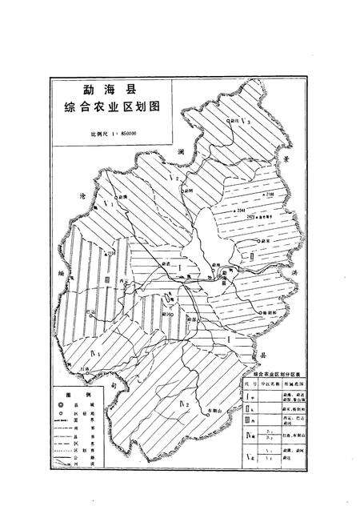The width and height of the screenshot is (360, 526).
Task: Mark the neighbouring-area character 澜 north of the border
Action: coord(182,151)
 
